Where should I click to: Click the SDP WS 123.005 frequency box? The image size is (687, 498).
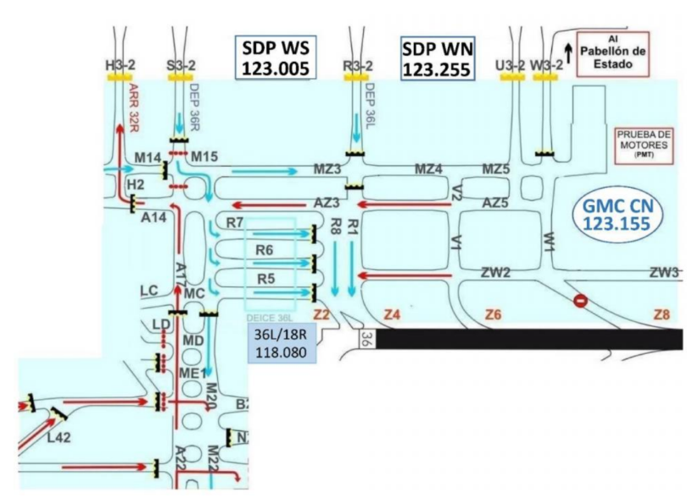(275, 58)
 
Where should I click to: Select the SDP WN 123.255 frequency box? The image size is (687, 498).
(436, 58)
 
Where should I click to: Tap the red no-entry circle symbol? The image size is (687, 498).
(581, 300)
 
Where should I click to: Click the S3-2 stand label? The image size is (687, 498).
(182, 65)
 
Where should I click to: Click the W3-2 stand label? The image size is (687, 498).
(547, 65)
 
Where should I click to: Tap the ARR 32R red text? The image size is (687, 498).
(134, 109)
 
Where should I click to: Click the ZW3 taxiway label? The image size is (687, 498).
(664, 273)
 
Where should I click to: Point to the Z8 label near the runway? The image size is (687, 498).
(662, 315)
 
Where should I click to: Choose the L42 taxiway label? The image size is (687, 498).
(59, 436)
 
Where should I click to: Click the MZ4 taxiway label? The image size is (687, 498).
(428, 169)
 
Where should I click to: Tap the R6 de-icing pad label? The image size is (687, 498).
(264, 251)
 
